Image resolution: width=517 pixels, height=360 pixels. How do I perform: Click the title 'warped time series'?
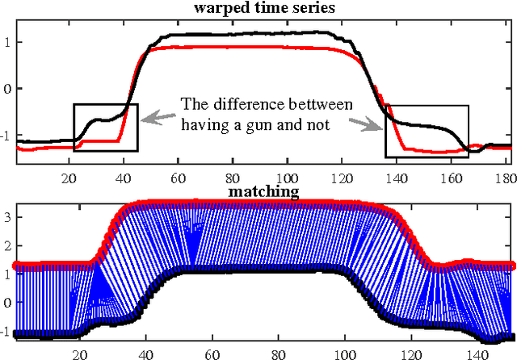265,8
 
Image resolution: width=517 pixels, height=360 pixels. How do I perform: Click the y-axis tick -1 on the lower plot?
7,331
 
